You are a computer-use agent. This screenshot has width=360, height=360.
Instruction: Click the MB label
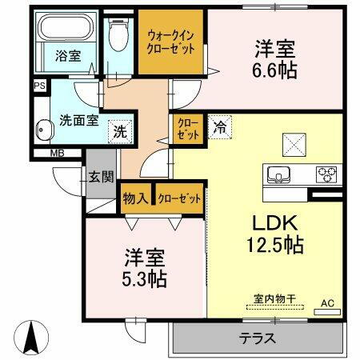click(58, 153)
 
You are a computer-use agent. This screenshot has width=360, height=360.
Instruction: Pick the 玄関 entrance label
click(99, 177)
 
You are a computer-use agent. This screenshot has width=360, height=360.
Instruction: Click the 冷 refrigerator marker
click(219, 126)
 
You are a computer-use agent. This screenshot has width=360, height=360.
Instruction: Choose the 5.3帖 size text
click(145, 280)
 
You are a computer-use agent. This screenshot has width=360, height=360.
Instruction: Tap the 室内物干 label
click(274, 299)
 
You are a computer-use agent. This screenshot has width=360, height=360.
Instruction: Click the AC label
click(326, 302)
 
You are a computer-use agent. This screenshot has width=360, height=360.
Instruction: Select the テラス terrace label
click(258, 338)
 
